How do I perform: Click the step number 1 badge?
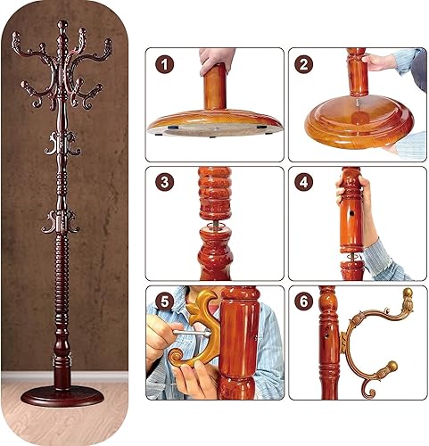(164, 64)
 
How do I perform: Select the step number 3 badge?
(164, 183)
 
